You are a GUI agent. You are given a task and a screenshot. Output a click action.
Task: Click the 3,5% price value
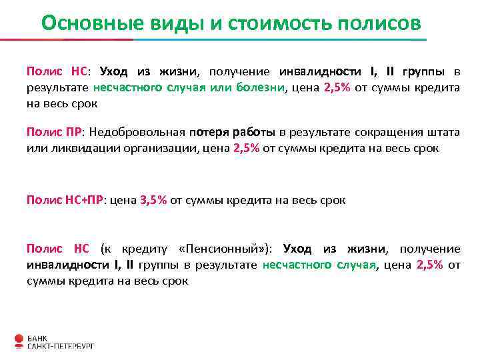click(153, 199)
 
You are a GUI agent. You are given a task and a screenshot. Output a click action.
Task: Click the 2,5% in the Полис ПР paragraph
click(247, 148)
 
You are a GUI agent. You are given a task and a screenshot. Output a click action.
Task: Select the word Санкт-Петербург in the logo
click(61, 345)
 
